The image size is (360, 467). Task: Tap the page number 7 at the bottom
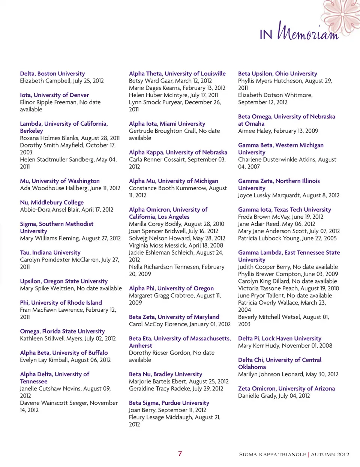pos(180,453)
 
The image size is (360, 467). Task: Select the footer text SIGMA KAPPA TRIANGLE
pos(273,454)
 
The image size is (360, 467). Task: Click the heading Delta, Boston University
pos(52,74)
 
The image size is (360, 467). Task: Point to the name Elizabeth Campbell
pos(45,81)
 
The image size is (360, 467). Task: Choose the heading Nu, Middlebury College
pos(52,202)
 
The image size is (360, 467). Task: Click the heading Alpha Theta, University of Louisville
pos(177,74)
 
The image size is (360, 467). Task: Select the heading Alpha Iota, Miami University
pos(167,123)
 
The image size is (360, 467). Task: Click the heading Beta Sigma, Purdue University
pos(169,402)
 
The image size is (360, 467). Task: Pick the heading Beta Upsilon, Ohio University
pos(277,74)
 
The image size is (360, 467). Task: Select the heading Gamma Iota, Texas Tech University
pos(285,209)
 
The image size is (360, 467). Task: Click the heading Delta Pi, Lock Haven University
pos(280,338)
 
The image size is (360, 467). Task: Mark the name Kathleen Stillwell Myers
pos(51,338)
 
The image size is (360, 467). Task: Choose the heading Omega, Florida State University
pos(62,331)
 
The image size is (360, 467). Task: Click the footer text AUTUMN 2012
pos(330,454)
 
